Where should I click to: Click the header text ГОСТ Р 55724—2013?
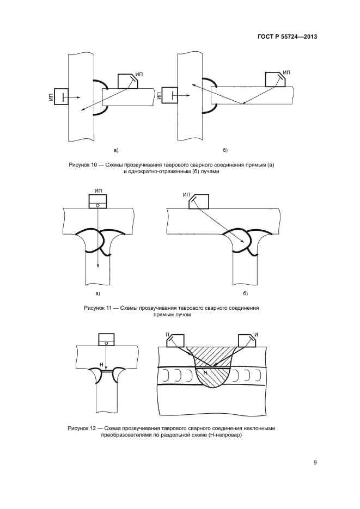coord(288,37)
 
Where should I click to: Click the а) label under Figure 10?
coord(115,149)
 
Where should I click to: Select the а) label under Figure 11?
coord(98,294)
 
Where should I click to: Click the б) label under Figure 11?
coord(245,294)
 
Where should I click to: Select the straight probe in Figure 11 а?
coord(97,202)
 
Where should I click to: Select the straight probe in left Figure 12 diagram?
coord(107,340)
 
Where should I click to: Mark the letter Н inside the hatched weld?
coord(205,372)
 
